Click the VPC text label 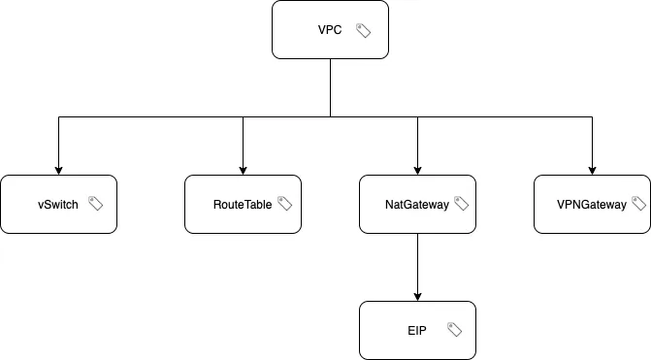click(x=330, y=30)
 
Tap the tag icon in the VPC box click(x=364, y=30)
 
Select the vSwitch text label click(x=58, y=205)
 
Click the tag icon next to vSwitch click(x=96, y=204)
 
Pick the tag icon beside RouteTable click(x=284, y=204)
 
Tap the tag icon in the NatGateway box click(x=461, y=204)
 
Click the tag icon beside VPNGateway click(x=638, y=204)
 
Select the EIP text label click(x=417, y=331)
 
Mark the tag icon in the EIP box click(x=454, y=330)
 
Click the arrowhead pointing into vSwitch click(x=58, y=170)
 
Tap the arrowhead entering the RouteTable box click(x=243, y=170)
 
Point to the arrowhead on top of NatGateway click(x=417, y=170)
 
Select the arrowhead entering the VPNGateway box click(x=592, y=170)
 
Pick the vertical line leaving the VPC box click(x=330, y=87)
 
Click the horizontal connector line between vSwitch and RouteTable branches click(x=150, y=117)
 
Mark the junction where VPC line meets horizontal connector click(x=330, y=117)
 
